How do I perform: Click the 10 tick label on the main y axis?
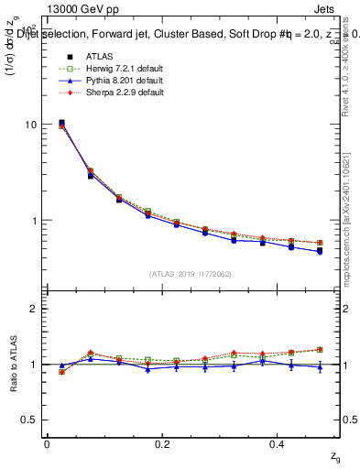point(30,125)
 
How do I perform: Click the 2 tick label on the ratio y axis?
point(33,309)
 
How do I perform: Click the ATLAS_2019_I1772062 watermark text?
point(191,273)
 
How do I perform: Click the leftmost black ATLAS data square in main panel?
point(61,123)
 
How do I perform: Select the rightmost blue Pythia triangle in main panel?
point(320,251)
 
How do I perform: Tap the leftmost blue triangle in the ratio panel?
point(61,365)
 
